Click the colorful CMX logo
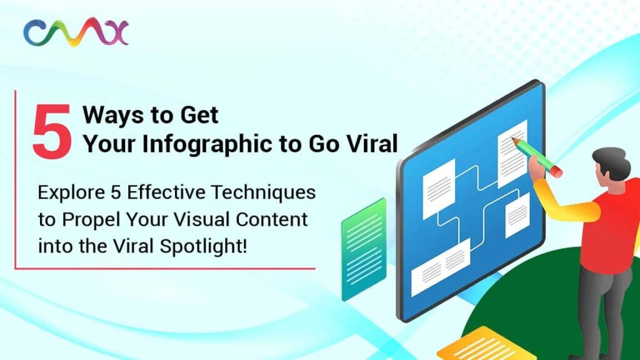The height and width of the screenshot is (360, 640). click(x=76, y=32)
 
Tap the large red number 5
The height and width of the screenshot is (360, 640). click(x=52, y=131)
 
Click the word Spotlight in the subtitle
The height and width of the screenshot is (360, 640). click(x=203, y=247)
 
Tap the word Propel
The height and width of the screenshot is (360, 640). click(x=91, y=220)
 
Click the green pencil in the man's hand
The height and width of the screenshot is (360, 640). click(x=537, y=157)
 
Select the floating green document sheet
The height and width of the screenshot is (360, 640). click(x=364, y=249)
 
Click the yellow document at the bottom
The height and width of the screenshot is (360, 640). click(x=486, y=345)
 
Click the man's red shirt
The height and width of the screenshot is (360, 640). click(x=612, y=229)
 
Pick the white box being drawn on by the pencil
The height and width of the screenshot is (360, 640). click(x=512, y=154)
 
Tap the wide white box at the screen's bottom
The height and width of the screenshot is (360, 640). click(x=441, y=267)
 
